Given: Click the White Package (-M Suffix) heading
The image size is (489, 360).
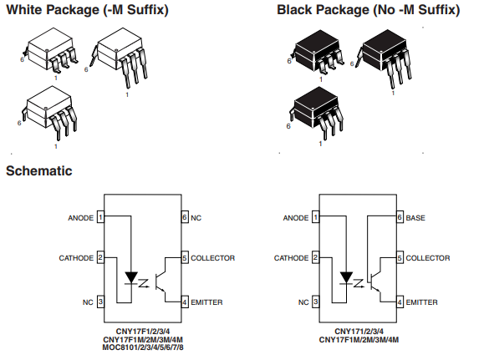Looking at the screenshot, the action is click(87, 10).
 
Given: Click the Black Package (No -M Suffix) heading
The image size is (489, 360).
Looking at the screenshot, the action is click(369, 10).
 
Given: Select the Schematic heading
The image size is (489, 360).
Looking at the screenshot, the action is click(39, 170).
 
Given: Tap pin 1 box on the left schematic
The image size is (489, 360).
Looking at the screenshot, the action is click(100, 217).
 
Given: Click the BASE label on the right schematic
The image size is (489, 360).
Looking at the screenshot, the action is click(415, 218).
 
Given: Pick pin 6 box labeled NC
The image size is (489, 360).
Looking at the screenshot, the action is click(185, 217).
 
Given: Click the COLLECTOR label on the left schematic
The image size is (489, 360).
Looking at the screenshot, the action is click(212, 258).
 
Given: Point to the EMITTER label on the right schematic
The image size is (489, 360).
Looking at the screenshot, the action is click(421, 302).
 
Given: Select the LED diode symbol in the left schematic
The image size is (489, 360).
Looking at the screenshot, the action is click(131, 277).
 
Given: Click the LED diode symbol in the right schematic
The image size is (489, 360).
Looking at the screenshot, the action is click(346, 277).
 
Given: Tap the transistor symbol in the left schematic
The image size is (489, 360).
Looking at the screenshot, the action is click(160, 280).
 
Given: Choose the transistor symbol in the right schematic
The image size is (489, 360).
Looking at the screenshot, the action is click(375, 280).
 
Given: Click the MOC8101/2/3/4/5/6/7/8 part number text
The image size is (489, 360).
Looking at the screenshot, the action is click(143, 347).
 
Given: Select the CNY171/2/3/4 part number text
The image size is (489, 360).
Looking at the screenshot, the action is click(359, 332).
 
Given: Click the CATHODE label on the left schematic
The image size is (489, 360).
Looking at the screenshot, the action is click(76, 258).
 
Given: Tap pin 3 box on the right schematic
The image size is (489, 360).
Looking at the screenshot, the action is click(316, 302).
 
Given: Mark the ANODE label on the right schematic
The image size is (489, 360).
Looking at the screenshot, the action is click(296, 218).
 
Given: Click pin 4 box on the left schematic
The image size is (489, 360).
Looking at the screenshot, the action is click(185, 302).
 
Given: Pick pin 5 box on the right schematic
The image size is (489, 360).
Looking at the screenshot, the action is click(400, 257).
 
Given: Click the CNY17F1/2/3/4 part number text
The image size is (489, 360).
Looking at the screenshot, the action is click(143, 332).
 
